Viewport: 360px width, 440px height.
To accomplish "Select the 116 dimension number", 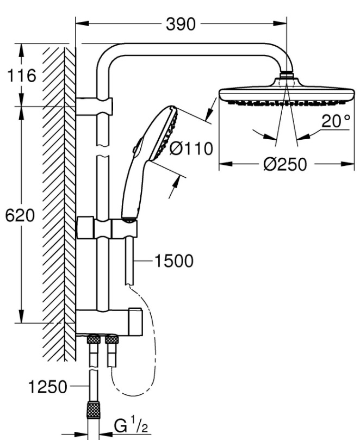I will point(21,75).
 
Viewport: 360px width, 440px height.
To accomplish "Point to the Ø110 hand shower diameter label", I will point(190,149).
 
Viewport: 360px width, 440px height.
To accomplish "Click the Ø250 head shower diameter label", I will point(283,164).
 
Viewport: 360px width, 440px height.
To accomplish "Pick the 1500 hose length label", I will point(173,261).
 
